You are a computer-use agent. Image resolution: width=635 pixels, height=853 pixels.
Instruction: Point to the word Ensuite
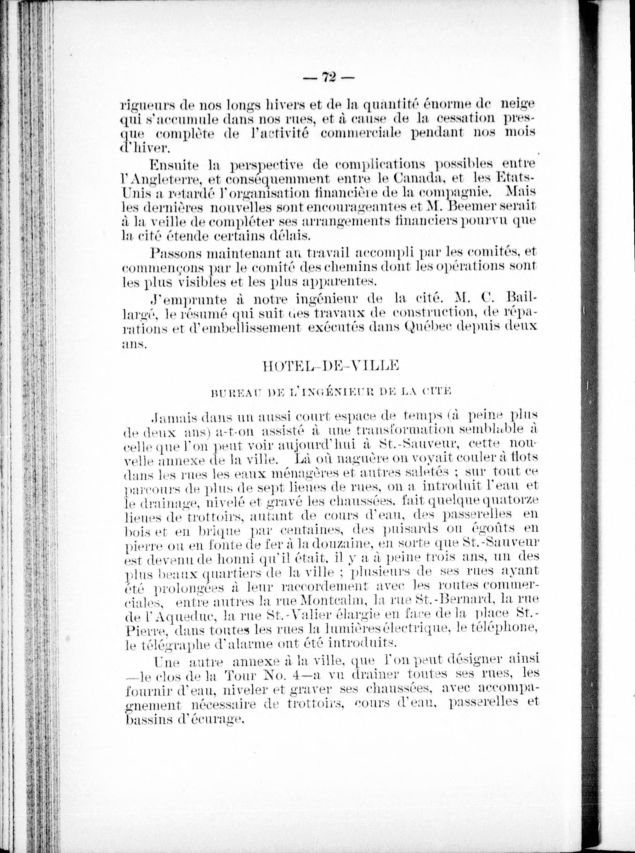click(175, 165)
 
